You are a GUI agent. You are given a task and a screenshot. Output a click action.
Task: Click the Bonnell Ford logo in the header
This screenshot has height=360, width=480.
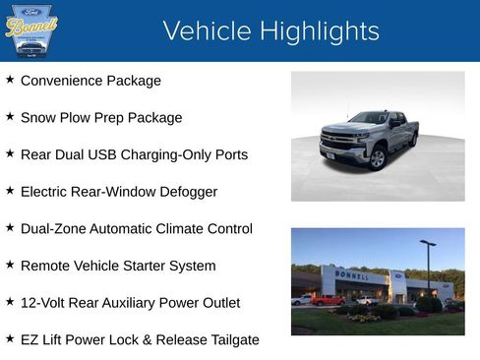click(x=31, y=30)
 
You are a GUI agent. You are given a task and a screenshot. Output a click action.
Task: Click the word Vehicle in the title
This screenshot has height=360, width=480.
click(x=206, y=31)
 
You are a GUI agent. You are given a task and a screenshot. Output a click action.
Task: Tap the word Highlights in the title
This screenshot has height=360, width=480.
click(x=318, y=31)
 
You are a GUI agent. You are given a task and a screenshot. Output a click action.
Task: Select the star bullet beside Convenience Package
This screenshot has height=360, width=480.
click(x=10, y=79)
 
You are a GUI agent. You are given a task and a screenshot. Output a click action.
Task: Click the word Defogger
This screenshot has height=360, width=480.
click(x=187, y=191)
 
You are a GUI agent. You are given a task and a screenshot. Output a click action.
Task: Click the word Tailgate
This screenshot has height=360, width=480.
click(x=227, y=339)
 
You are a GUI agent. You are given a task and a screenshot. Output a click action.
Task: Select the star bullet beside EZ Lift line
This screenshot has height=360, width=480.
click(x=10, y=338)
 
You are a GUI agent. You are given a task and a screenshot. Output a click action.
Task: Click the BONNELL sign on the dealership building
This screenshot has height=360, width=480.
click(x=352, y=275)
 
